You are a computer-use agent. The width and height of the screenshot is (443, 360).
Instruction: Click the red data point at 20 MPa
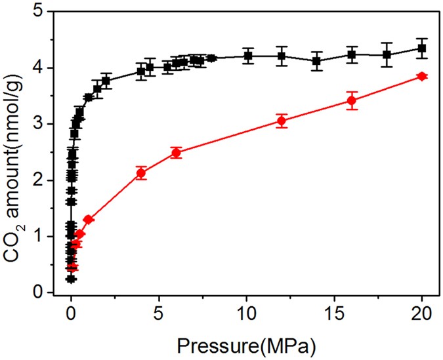421,77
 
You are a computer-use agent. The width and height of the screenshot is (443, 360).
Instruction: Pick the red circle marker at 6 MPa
176,153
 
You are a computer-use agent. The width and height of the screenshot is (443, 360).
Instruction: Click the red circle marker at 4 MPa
141,173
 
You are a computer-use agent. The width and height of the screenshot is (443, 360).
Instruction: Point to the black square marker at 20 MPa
421,49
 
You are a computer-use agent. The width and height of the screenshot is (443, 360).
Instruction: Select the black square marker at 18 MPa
387,55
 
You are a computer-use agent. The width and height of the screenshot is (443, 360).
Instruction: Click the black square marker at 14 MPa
316,61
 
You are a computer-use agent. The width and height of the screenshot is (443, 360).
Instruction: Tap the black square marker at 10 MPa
247,56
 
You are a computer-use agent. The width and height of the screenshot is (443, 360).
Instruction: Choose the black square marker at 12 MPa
282,56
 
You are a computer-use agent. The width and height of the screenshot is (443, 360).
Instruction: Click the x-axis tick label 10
246,311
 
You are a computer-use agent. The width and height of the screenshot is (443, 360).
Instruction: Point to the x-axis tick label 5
159,311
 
